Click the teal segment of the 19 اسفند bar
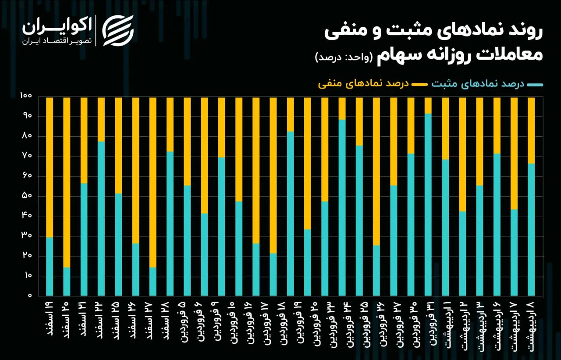click(x=50, y=266)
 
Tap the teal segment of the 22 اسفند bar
click(x=101, y=218)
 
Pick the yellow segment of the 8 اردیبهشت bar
click(x=531, y=130)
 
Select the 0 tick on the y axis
click(x=30, y=296)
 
